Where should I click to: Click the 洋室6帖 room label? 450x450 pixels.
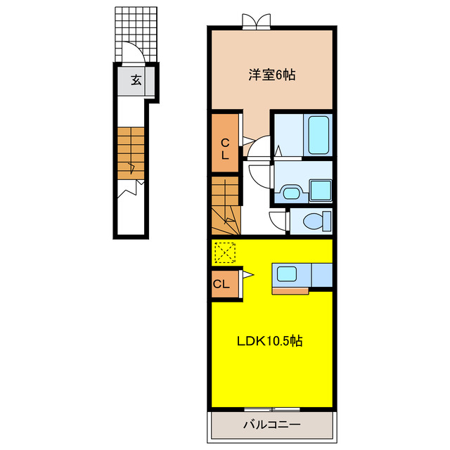click(x=271, y=75)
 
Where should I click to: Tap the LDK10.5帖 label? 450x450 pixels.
click(x=269, y=341)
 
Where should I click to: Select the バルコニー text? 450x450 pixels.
click(x=272, y=424)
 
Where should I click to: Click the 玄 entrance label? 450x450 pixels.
click(x=136, y=80)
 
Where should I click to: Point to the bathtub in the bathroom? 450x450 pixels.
click(x=319, y=135)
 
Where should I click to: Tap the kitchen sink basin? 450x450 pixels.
click(x=286, y=274)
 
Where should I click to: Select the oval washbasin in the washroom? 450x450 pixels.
click(x=291, y=193)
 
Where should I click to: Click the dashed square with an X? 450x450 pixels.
click(x=225, y=252)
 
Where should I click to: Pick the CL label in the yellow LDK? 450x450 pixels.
click(x=221, y=284)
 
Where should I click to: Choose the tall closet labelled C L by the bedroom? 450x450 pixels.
click(x=225, y=143)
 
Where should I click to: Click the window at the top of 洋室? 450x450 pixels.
click(x=256, y=22)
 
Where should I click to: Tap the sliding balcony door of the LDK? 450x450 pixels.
click(x=272, y=409)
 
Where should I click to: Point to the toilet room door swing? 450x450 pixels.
click(x=278, y=220)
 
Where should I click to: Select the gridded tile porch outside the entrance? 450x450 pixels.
click(x=136, y=34)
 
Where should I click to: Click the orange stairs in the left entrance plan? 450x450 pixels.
click(x=131, y=153)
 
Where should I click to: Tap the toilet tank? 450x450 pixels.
click(x=327, y=221)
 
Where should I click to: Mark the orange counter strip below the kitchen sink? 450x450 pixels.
click(x=290, y=290)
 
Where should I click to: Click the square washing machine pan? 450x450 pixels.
click(x=321, y=191)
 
